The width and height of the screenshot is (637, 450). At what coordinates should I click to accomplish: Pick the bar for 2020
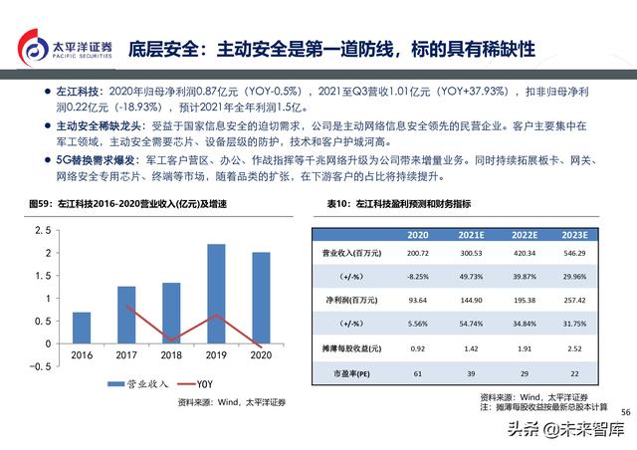[x=260, y=298]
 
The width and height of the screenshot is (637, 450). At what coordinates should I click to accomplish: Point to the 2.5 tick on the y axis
[x=43, y=230]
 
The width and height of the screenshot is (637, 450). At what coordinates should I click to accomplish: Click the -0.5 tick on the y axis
[x=40, y=366]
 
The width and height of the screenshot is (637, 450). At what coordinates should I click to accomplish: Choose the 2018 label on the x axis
[x=171, y=354]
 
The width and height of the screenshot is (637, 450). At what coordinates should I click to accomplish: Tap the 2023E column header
[x=575, y=235]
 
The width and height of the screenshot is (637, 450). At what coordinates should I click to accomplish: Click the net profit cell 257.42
[x=575, y=300]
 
